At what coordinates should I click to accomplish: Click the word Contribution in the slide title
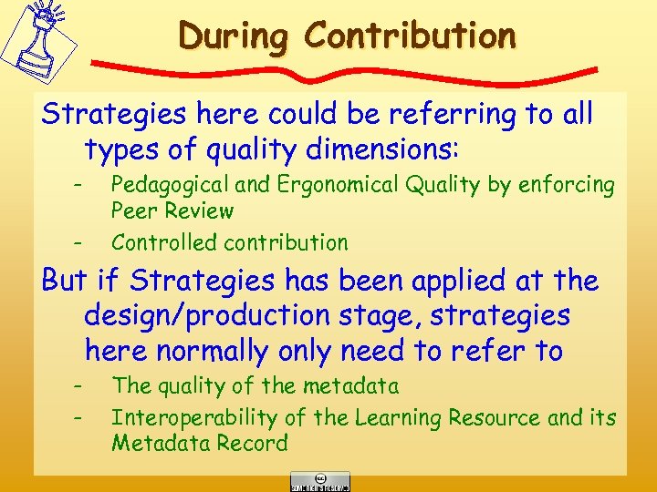coord(410,36)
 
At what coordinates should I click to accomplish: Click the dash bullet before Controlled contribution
coord(78,242)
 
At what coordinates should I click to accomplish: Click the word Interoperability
coord(191,418)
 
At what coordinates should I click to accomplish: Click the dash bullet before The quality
coord(78,385)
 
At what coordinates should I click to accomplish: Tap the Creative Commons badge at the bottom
coord(320,481)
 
